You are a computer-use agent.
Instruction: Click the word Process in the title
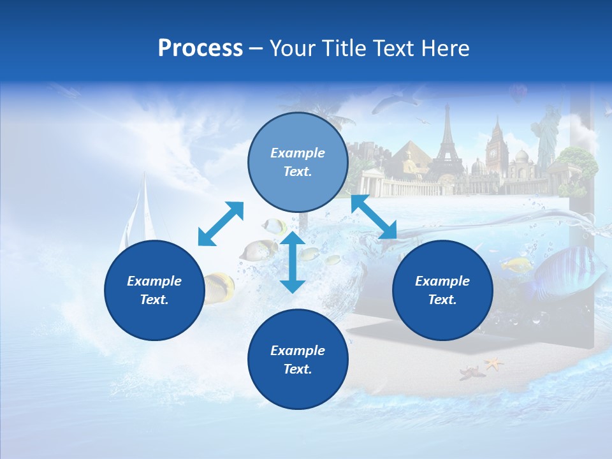200,48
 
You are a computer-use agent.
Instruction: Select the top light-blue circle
298,162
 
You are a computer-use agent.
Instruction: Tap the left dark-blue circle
154,290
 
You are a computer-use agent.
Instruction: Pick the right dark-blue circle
442,290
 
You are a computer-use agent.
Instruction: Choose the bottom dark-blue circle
298,360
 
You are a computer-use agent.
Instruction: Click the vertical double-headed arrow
293,262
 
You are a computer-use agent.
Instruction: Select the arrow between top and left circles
221,223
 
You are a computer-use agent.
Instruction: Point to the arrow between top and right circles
374,217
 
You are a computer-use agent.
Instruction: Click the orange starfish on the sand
493,364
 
